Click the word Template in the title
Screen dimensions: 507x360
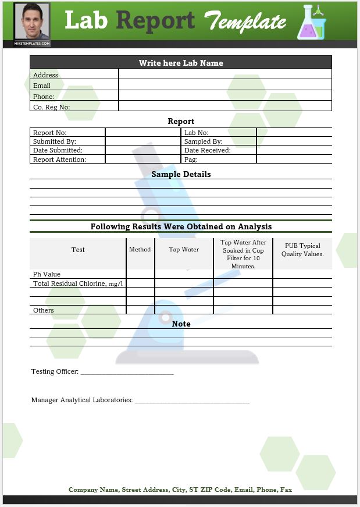(245, 22)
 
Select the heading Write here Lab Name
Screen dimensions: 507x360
(181, 63)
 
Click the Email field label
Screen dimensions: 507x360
(42, 86)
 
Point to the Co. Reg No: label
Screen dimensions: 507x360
(51, 107)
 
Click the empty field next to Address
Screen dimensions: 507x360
(225, 75)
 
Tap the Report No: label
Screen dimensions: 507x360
(49, 133)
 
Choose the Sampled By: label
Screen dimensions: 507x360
(203, 141)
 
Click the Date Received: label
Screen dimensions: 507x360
(207, 150)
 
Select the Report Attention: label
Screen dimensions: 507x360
(59, 159)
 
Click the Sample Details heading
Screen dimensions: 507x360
(181, 174)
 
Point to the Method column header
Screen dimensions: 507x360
(140, 249)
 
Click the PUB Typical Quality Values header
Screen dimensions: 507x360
(302, 250)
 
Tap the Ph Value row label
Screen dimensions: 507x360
(47, 274)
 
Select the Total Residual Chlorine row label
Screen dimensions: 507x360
(78, 283)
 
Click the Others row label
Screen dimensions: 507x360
(44, 310)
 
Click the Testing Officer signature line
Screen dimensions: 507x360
(127, 373)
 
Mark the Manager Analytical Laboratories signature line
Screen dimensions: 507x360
(192, 401)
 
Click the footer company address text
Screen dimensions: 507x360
(180, 490)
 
